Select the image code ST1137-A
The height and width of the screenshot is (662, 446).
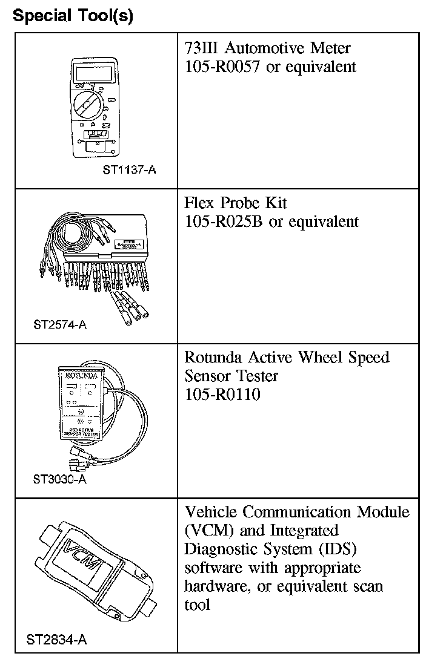coord(129,170)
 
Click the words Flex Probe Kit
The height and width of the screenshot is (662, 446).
coord(236,203)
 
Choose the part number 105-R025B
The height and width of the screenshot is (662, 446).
coord(223,222)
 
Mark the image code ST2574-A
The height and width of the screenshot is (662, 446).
coord(60,324)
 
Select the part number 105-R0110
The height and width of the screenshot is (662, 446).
coord(222,395)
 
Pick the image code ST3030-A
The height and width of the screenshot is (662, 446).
coord(60,480)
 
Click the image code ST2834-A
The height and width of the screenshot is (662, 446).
coord(57,639)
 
